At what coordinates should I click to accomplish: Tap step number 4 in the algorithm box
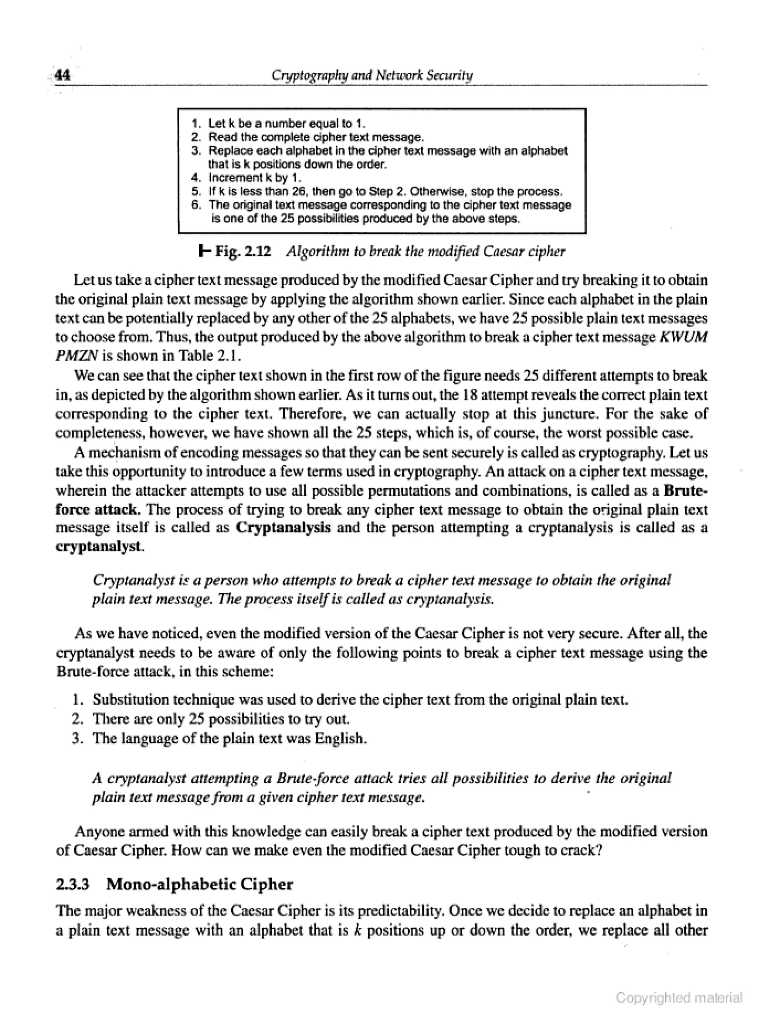tap(196, 177)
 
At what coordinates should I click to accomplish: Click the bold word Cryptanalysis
tap(283, 528)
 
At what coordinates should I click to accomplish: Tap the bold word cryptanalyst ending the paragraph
tap(98, 547)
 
